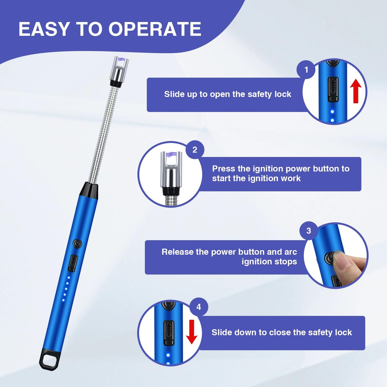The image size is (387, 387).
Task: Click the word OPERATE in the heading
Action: coord(155,29)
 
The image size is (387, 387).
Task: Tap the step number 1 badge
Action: coord(306,70)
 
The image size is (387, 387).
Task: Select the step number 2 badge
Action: coord(195,150)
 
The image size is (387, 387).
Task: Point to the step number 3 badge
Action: coord(309,231)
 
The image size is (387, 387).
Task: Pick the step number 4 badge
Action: coord(198,307)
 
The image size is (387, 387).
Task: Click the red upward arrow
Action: coord(356,91)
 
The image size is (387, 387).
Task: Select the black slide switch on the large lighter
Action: coord(73,263)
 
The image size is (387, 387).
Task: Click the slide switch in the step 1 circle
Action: coord(333,89)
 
